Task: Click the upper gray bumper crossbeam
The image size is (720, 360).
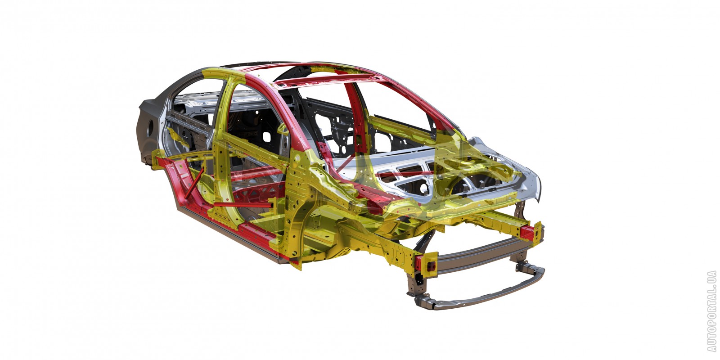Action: (482, 254)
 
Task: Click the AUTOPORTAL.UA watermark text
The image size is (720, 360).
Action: (711, 310)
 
